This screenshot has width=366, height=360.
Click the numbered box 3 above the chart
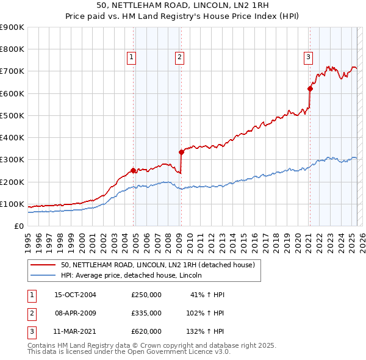click(309, 57)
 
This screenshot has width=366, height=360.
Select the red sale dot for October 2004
click(133, 171)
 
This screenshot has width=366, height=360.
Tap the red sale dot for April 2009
click(181, 152)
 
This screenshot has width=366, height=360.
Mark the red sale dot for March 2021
click(310, 89)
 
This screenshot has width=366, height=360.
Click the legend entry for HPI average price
click(135, 276)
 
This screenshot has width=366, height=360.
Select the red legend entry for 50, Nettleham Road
click(161, 265)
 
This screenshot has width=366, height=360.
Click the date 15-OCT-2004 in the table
click(76, 295)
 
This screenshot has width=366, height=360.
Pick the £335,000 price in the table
click(146, 313)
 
